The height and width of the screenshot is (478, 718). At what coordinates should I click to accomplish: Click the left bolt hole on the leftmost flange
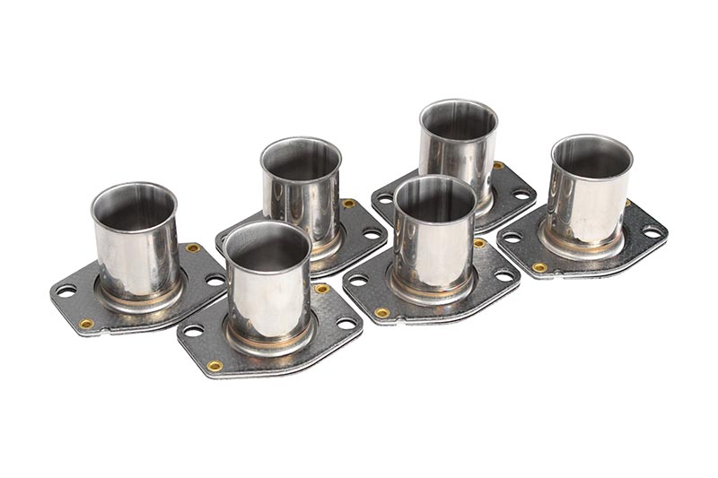66,291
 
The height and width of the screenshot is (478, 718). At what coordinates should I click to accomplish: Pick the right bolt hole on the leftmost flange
215,280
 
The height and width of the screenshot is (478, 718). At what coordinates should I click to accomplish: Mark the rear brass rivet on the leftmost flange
192,248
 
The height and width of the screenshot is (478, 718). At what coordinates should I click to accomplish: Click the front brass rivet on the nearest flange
215,366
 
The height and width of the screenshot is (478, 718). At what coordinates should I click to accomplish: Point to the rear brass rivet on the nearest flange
321,289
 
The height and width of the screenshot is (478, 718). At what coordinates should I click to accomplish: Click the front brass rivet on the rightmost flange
539,267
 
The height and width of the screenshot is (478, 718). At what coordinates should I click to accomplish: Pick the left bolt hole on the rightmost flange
512,237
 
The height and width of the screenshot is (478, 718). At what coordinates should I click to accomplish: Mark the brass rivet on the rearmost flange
497,166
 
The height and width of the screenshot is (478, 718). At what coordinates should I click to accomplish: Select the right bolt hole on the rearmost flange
521,195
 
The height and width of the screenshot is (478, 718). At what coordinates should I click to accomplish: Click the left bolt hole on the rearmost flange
386,198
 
